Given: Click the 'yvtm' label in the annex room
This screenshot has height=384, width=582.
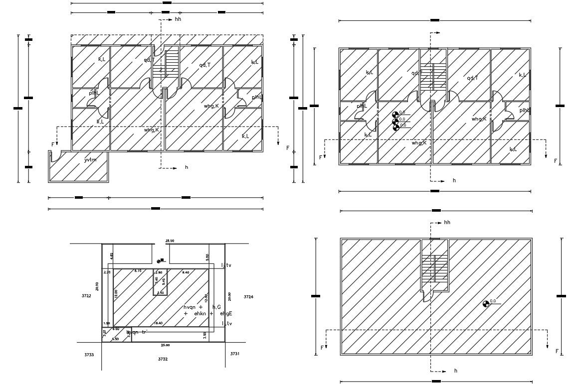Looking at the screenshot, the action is [x=90, y=160].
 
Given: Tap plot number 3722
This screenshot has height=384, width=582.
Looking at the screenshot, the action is [x=86, y=296].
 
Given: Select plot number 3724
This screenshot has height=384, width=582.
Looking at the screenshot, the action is [x=248, y=297].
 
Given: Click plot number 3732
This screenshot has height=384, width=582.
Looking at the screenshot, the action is [x=163, y=359].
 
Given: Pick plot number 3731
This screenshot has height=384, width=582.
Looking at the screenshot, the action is [x=235, y=354].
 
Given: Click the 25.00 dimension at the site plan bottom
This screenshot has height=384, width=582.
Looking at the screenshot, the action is [x=165, y=345].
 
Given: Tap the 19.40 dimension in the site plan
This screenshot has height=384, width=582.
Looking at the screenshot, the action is [x=158, y=324].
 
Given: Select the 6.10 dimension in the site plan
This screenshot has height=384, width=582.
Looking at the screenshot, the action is [x=138, y=271].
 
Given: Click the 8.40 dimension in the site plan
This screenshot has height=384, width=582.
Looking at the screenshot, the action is [x=186, y=272].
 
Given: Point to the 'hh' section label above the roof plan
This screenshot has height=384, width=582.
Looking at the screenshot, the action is [x=447, y=223].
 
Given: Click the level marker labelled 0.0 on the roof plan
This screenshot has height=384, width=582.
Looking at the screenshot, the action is [x=487, y=303].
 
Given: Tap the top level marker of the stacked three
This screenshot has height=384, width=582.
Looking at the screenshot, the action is [x=396, y=114].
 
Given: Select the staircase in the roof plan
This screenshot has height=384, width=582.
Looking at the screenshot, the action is [x=434, y=269].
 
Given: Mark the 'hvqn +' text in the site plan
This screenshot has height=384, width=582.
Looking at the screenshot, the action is [x=194, y=307].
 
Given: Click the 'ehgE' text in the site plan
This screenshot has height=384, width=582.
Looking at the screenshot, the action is [x=226, y=314].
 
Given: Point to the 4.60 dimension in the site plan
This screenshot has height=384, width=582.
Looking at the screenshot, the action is [x=112, y=255].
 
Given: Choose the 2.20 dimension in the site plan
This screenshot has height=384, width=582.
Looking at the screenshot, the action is [x=107, y=272].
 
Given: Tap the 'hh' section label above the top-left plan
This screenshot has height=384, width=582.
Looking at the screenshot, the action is [x=178, y=19].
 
